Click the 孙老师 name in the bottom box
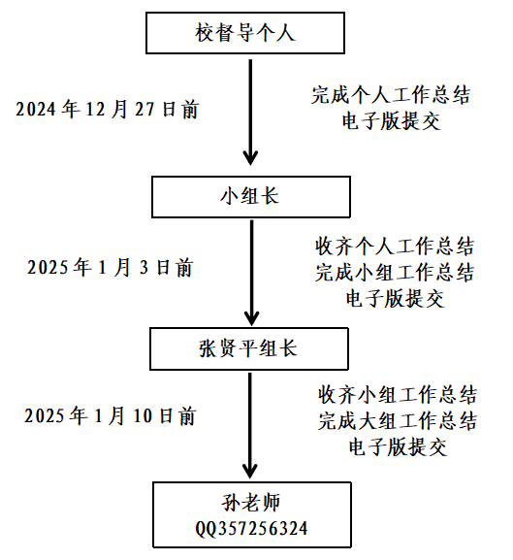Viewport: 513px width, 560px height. tap(251, 503)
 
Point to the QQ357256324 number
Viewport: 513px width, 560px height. tap(251, 529)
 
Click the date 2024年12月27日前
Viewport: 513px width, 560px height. tap(107, 109)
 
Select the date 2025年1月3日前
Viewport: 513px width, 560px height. tap(111, 267)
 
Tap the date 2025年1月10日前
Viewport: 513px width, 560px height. tap(110, 415)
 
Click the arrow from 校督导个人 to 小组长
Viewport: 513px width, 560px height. tap(250, 113)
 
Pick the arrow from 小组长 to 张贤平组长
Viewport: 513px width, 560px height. tap(251, 273)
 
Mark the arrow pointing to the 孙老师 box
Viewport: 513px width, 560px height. tap(250, 425)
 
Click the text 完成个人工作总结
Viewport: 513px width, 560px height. tap(391, 95)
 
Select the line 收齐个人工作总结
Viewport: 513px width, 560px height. tap(395, 247)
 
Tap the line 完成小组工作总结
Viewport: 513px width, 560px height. tap(395, 273)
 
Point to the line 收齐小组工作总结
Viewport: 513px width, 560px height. tap(398, 395)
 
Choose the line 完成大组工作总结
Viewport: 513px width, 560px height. tap(398, 421)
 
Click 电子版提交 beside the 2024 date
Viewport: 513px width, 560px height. tap(391, 121)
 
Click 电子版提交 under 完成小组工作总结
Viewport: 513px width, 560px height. tap(395, 299)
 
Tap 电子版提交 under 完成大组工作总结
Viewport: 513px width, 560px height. tap(398, 447)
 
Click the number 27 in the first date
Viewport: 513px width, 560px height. tap(144, 110)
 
